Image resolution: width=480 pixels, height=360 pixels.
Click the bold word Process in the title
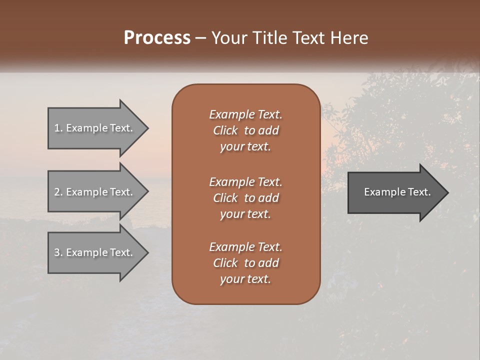pyautogui.click(x=157, y=38)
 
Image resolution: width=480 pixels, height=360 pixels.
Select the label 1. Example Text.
pyautogui.click(x=93, y=128)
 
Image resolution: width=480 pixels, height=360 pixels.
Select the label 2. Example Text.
pyautogui.click(x=93, y=192)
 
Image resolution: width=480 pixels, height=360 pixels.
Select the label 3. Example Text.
pyautogui.click(x=93, y=252)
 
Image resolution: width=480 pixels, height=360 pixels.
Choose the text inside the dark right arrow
pyautogui.click(x=397, y=192)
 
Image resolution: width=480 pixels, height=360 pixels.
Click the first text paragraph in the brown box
pyautogui.click(x=245, y=130)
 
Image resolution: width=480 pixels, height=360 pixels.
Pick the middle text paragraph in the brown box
pyautogui.click(x=245, y=198)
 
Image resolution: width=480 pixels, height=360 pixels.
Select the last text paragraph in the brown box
pyautogui.click(x=245, y=263)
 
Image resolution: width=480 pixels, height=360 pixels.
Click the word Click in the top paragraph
pyautogui.click(x=225, y=130)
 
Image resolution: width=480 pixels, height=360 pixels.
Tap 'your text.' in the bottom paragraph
pyautogui.click(x=245, y=279)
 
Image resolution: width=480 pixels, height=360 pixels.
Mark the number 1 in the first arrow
pyautogui.click(x=57, y=128)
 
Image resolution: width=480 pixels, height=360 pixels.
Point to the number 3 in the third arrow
pyautogui.click(x=57, y=252)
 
